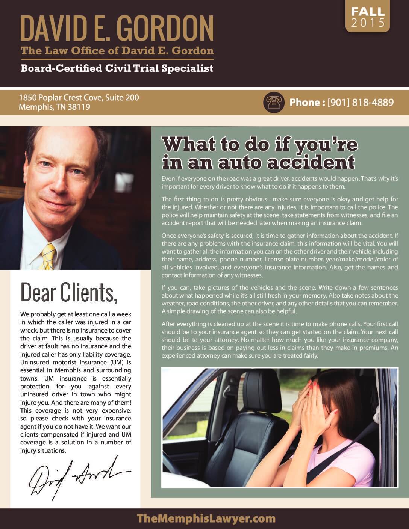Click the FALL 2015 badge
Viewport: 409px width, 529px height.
pyautogui.click(x=367, y=17)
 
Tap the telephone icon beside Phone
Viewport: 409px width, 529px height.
pyautogui.click(x=273, y=102)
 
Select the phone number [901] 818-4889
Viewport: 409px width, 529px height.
pyautogui.click(x=361, y=102)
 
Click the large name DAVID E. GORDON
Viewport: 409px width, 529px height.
pyautogui.click(x=117, y=29)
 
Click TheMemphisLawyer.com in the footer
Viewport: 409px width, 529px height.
pyautogui.click(x=206, y=519)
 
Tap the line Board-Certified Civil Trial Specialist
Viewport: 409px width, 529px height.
pyautogui.click(x=117, y=68)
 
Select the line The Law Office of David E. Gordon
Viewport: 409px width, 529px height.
pyautogui.click(x=117, y=50)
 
